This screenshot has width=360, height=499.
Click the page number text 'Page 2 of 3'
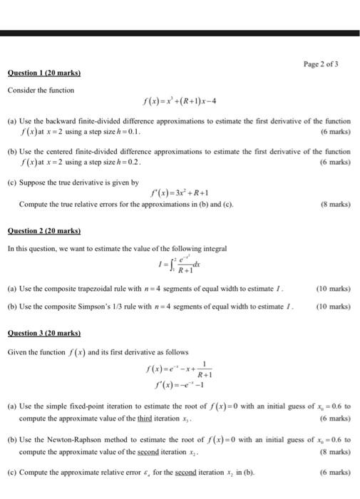point(322,64)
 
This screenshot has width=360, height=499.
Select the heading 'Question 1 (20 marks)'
point(44,73)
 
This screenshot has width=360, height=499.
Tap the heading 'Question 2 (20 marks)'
point(44,231)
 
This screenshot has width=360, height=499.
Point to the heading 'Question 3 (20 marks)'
point(44,333)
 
